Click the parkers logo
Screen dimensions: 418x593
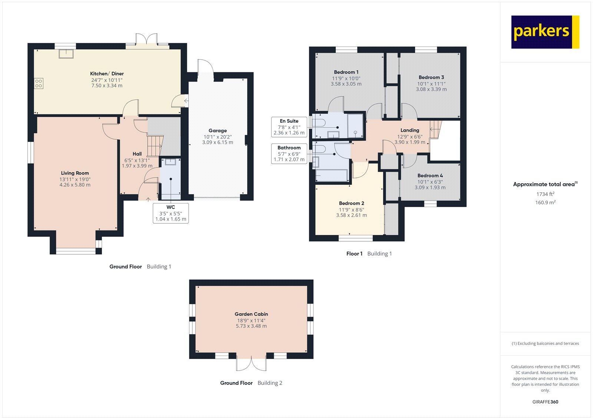pyautogui.click(x=545, y=32)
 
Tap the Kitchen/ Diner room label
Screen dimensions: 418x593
pyautogui.click(x=107, y=74)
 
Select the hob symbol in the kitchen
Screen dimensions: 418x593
pyautogui.click(x=38, y=83)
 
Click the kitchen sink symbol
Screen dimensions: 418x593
pyautogui.click(x=66, y=54)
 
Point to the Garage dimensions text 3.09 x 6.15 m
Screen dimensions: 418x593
pyautogui.click(x=218, y=142)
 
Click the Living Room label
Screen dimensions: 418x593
pyautogui.click(x=75, y=173)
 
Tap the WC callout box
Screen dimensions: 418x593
pyautogui.click(x=170, y=213)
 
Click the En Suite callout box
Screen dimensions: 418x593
pyautogui.click(x=289, y=127)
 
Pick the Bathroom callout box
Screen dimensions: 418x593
pyautogui.click(x=289, y=153)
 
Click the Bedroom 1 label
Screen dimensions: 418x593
pyautogui.click(x=346, y=72)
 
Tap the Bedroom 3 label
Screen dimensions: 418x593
pyautogui.click(x=431, y=77)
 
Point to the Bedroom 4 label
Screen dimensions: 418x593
pyautogui.click(x=430, y=176)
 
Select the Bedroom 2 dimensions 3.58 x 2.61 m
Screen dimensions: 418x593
pyautogui.click(x=351, y=215)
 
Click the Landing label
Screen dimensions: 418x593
pyautogui.click(x=410, y=130)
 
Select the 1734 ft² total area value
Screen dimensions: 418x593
pyautogui.click(x=545, y=194)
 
